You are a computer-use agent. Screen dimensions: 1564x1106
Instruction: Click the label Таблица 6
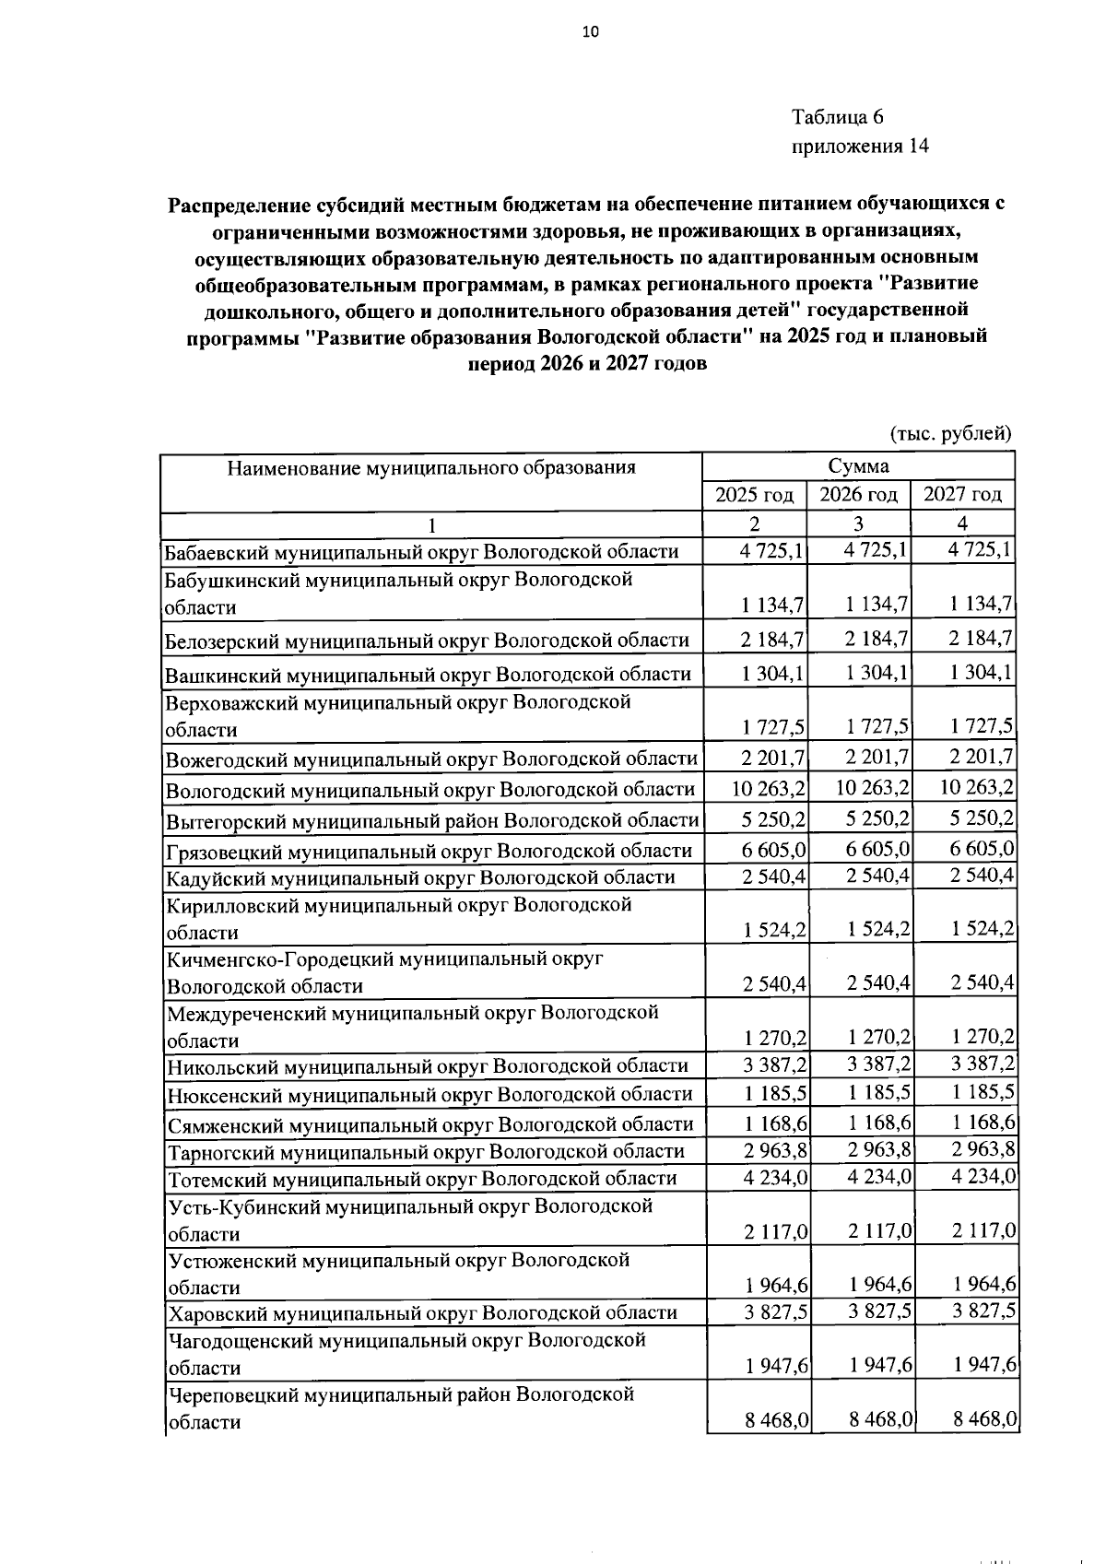[837, 117]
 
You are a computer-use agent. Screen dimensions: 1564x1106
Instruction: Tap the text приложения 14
[859, 146]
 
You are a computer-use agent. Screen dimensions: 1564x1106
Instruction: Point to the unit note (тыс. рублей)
[950, 434]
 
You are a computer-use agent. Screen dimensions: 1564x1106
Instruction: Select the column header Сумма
[857, 466]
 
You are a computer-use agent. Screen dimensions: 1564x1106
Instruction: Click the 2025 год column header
[754, 496]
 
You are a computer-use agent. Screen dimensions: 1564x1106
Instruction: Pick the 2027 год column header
[962, 496]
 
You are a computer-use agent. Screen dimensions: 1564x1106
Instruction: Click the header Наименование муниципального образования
[431, 467]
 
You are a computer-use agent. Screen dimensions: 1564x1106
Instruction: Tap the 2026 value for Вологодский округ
[873, 788]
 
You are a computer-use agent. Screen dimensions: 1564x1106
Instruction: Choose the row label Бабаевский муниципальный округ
[420, 552]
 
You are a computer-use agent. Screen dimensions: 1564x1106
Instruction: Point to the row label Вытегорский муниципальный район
[430, 819]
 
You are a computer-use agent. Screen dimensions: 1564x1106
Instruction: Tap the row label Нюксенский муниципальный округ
[428, 1094]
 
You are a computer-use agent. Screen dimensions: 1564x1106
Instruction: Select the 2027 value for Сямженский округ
[982, 1123]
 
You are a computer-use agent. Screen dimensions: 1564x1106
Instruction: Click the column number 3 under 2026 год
[858, 523]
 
